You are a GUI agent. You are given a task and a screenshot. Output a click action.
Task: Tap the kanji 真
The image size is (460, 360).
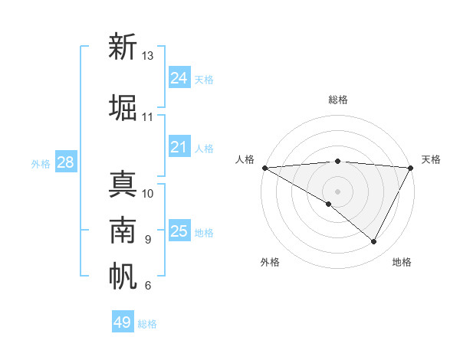click(123, 186)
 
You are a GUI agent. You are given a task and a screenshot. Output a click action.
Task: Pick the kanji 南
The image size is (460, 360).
click(123, 231)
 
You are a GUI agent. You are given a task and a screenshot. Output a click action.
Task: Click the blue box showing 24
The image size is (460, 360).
click(179, 77)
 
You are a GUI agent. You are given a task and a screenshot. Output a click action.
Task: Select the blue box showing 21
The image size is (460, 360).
click(179, 147)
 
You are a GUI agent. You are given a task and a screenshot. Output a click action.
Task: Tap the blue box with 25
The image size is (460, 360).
click(179, 231)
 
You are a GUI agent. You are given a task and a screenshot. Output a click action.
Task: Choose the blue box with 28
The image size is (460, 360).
click(65, 162)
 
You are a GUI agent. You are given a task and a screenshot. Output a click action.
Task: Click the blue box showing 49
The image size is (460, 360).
click(122, 322)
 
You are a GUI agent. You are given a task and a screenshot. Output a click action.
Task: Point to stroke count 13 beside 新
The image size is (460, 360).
click(148, 56)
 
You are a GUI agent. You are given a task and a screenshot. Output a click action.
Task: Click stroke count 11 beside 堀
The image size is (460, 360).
click(148, 117)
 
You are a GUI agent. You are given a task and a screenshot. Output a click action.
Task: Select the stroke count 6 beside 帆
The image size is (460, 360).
click(148, 286)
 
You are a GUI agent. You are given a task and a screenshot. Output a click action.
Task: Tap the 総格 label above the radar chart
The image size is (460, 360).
click(338, 100)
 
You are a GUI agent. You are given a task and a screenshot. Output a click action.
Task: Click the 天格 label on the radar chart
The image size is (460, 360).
click(431, 159)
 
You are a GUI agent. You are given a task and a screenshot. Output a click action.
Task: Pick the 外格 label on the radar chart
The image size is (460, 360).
click(270, 262)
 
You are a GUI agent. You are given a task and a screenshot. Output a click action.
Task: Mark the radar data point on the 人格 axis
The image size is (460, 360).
click(264, 168)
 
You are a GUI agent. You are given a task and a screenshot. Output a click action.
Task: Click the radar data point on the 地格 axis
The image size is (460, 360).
click(374, 241)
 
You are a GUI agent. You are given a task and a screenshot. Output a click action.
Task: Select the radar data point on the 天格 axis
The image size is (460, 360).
click(411, 168)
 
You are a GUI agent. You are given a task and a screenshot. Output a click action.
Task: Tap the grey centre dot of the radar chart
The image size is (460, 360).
click(337, 191)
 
